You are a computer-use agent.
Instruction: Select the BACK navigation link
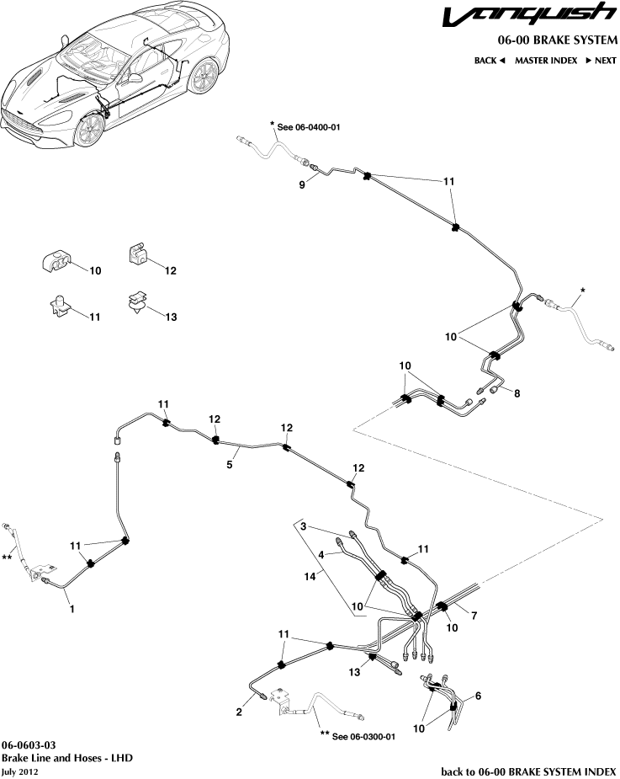[489, 61]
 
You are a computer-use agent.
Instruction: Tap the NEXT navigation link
[601, 61]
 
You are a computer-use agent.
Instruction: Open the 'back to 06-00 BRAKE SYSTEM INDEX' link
[528, 771]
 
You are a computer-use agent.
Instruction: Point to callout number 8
[517, 393]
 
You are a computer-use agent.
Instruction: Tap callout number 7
[474, 616]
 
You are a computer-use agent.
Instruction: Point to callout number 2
[240, 712]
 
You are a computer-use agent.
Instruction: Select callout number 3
[307, 527]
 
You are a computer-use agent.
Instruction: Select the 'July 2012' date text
[20, 771]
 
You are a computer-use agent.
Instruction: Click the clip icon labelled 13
[135, 302]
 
